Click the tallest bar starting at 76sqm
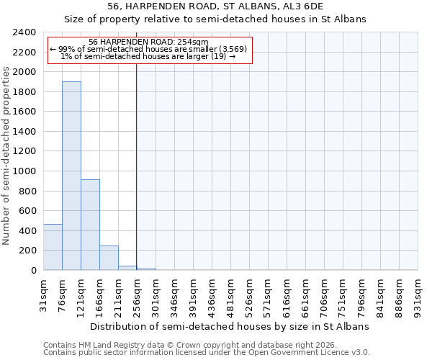pos(71,176)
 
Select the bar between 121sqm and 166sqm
pos(90,225)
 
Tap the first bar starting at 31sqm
pos(53,247)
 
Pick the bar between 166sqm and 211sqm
pos(109,258)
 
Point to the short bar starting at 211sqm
pos(127,268)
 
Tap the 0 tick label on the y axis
pos(33,271)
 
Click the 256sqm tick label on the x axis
pos(138,296)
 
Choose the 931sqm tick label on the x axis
pos(418,296)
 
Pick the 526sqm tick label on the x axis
pos(250,296)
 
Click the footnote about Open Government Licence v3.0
pos(207,352)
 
